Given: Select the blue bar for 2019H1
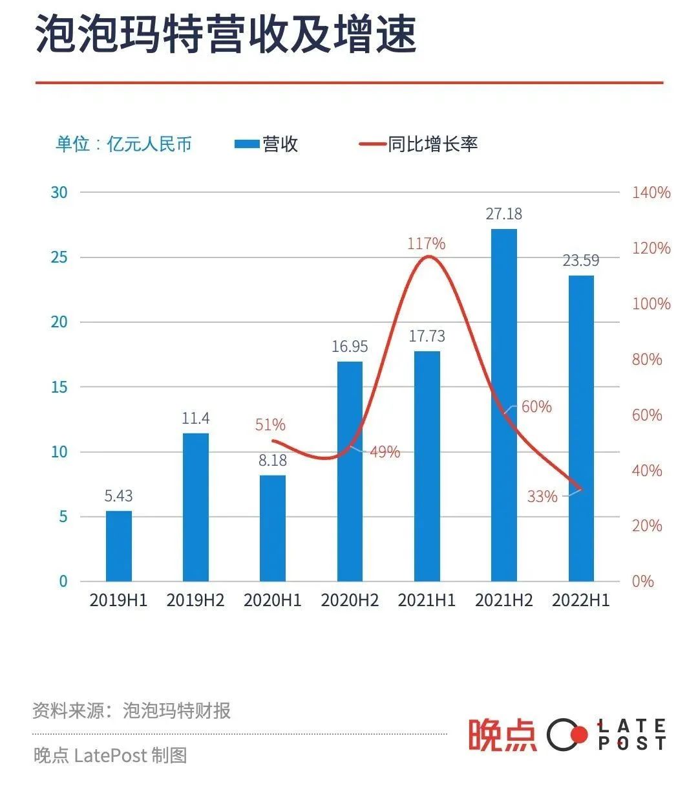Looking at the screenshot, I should [118, 546].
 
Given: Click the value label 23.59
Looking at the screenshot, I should [580, 261].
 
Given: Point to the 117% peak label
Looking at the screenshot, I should [426, 244].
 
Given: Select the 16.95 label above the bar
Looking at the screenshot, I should [350, 347].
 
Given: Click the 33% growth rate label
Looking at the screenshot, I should [542, 497].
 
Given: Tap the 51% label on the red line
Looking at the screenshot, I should [270, 425].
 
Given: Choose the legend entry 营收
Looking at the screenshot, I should [266, 144].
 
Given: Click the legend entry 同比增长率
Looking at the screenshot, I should [419, 144].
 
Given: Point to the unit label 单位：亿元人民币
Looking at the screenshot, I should [123, 144].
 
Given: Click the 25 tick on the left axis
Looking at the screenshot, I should [59, 257].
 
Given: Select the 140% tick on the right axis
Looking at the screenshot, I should [651, 193].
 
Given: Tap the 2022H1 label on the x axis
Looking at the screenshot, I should [580, 600].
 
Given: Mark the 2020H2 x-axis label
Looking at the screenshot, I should [350, 600].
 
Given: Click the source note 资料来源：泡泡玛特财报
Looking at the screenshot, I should [131, 711].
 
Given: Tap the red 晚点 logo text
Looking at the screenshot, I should [502, 735].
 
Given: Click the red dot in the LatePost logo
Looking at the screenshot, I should [580, 734].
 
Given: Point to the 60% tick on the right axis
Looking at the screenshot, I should [647, 415].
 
